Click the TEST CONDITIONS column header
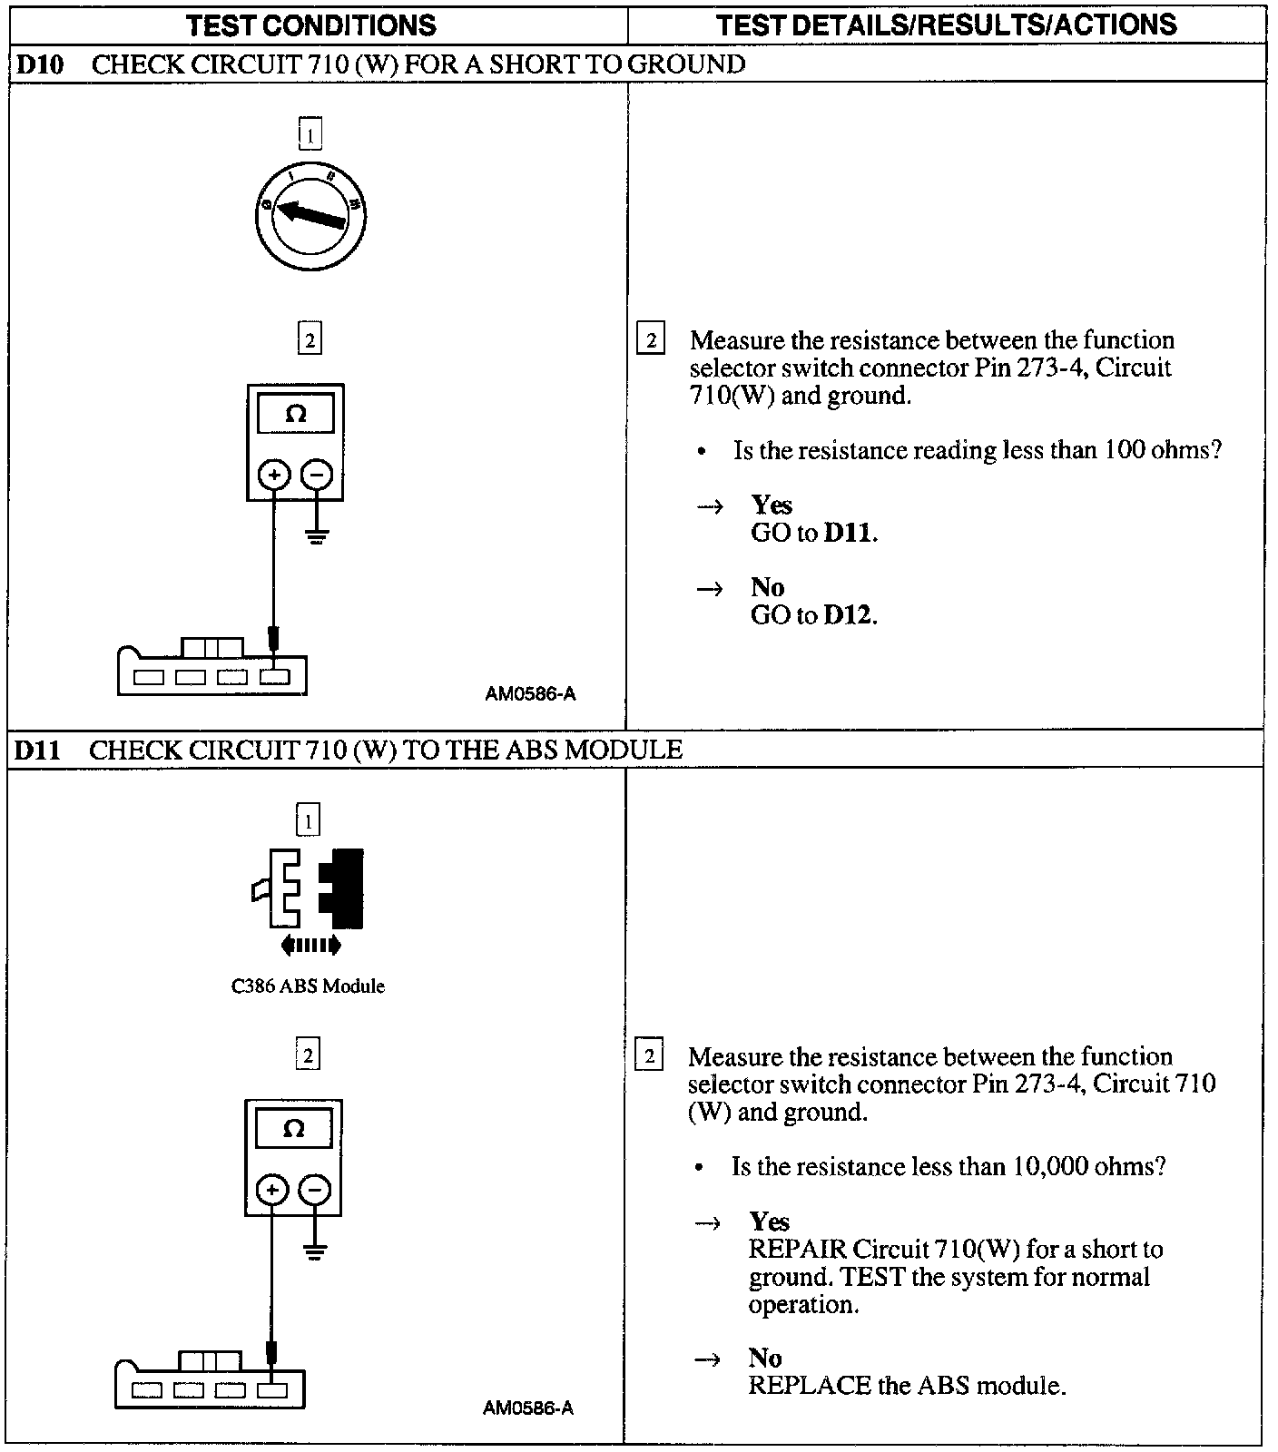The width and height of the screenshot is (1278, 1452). [311, 25]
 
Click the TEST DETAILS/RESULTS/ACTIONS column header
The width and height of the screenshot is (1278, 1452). [946, 25]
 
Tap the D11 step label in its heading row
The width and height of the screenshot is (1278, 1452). [38, 750]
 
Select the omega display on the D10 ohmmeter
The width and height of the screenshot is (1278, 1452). [296, 415]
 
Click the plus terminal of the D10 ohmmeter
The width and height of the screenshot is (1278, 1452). [274, 474]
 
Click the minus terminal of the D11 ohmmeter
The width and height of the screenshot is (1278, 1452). [315, 1190]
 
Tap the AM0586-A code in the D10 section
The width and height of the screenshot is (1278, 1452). [530, 694]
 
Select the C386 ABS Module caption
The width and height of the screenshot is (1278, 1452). [308, 986]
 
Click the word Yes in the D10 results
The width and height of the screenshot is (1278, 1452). [772, 505]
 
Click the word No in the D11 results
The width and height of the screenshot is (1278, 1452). [765, 1358]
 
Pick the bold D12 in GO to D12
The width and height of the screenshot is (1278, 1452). [850, 615]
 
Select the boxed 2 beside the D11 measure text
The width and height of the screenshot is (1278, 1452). [649, 1057]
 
